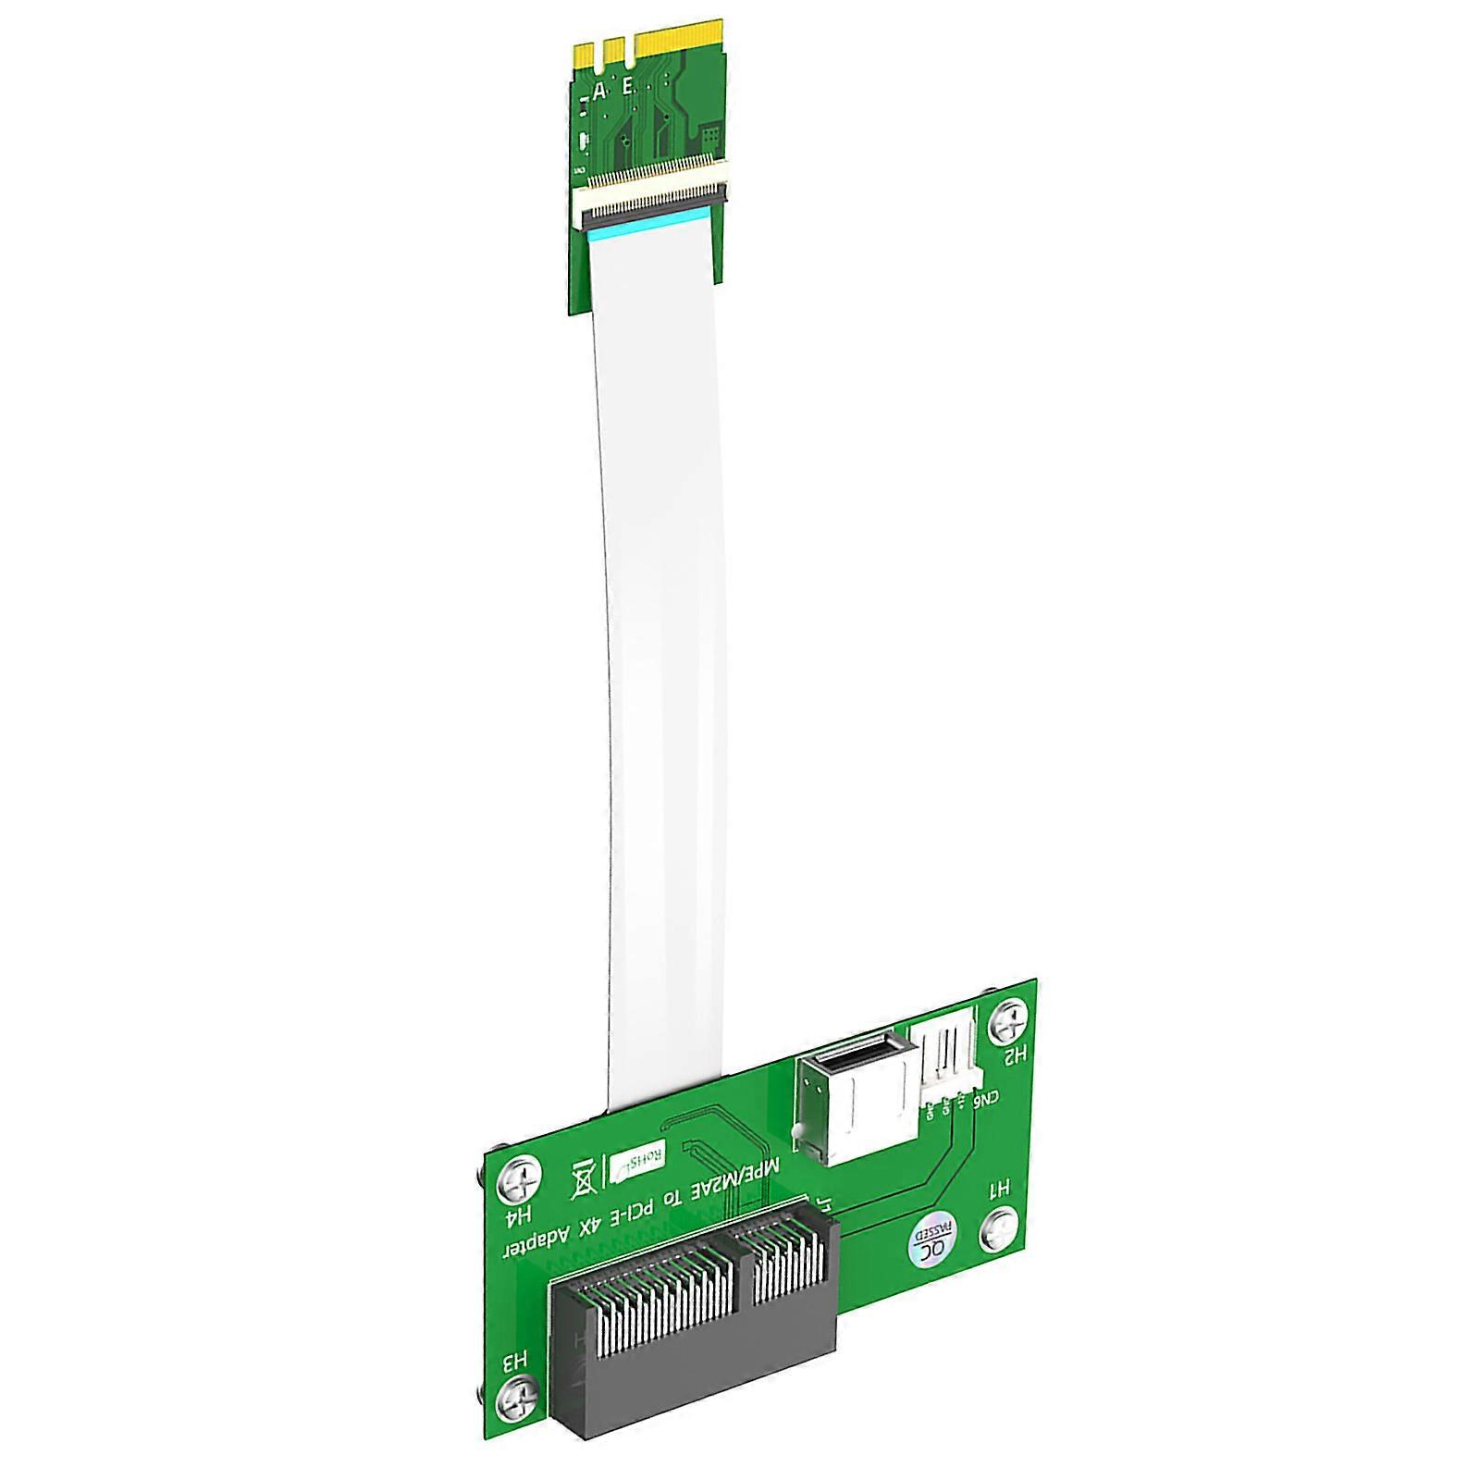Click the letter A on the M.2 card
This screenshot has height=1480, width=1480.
[599, 91]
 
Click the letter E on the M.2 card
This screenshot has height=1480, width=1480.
[629, 87]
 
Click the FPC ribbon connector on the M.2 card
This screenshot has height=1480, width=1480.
[650, 198]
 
